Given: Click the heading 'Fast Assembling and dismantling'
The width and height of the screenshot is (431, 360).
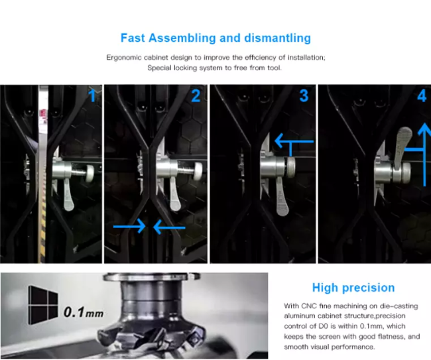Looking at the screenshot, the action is (x=215, y=38).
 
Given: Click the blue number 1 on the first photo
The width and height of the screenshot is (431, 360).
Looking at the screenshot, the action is (x=93, y=96).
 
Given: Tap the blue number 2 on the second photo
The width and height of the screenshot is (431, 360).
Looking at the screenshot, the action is (x=196, y=96).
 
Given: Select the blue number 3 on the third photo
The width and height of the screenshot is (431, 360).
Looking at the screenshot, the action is (x=304, y=96).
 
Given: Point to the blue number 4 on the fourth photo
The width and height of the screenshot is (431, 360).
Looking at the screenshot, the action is (x=422, y=96).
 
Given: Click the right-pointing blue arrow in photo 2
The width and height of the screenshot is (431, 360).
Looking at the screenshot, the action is (x=129, y=227).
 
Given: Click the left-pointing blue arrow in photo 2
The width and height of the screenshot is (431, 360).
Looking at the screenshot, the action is (x=169, y=227).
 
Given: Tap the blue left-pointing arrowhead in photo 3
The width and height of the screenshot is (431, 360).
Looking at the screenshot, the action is (x=280, y=141).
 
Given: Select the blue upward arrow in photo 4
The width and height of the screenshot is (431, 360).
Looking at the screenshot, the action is (x=425, y=154).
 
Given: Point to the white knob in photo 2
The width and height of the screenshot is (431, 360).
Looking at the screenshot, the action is (x=198, y=171).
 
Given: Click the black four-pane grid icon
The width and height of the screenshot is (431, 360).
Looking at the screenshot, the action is (x=43, y=305).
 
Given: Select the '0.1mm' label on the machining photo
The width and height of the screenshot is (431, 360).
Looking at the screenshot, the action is (x=84, y=312).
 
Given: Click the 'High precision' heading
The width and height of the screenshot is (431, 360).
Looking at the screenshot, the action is (x=353, y=288).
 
